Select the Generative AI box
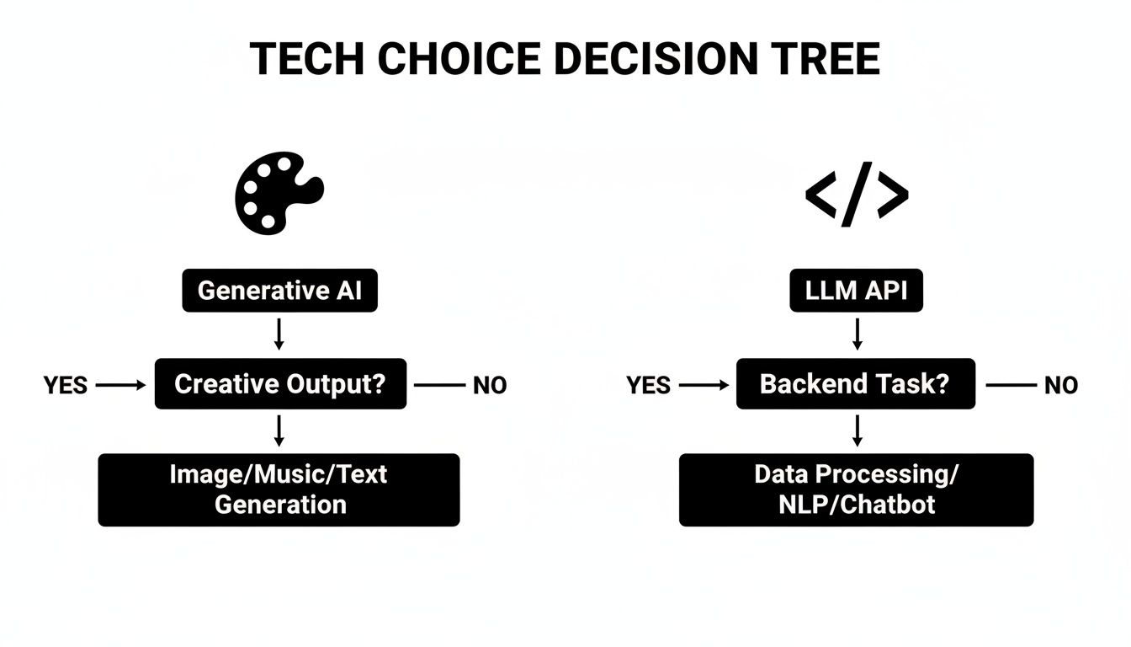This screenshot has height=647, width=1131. click(280, 291)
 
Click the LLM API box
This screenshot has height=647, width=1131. click(857, 291)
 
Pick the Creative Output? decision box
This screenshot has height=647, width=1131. click(280, 384)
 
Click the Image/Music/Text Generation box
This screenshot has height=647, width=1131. click(279, 489)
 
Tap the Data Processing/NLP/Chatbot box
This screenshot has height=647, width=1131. click(856, 489)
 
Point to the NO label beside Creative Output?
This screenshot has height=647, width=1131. click(490, 386)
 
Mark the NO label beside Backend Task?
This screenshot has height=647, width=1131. click(1060, 386)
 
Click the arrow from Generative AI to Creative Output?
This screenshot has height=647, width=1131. click(279, 334)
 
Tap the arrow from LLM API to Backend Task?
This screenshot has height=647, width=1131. click(857, 334)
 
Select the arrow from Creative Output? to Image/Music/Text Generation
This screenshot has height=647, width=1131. click(279, 430)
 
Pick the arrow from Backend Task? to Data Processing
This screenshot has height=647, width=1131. click(857, 430)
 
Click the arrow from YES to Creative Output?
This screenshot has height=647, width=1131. click(121, 386)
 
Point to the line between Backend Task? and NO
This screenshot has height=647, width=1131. click(1010, 386)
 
